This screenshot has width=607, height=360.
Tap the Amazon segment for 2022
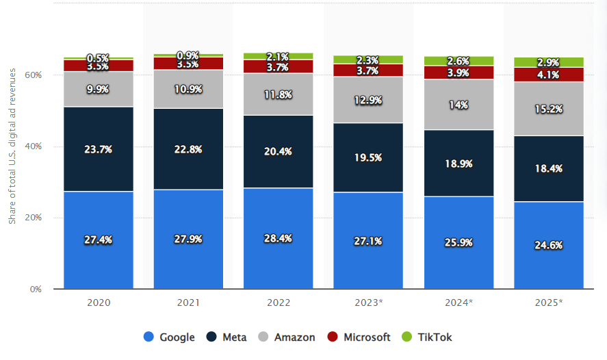(278, 94)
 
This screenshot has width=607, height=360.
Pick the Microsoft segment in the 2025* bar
(548, 75)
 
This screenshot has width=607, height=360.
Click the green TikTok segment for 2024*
(459, 61)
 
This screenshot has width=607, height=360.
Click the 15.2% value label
(548, 107)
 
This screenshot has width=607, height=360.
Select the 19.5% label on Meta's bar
(368, 157)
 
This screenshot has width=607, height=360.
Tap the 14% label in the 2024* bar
(459, 105)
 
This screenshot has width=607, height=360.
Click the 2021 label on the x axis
(188, 302)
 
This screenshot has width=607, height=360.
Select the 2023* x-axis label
(368, 302)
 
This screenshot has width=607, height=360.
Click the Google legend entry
(169, 337)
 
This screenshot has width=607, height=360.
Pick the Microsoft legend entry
(359, 337)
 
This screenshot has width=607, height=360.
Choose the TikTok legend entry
(428, 337)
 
